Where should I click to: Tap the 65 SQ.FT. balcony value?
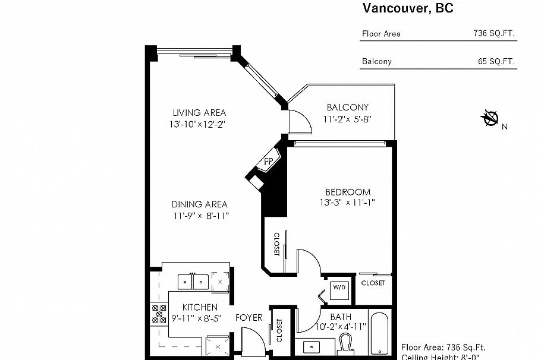(496, 61)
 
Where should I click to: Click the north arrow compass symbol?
(491, 119)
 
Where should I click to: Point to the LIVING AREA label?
(199, 113)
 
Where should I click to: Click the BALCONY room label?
(348, 107)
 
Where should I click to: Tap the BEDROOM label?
(348, 192)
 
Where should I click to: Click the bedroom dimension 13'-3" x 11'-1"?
(348, 203)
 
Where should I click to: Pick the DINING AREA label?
(199, 204)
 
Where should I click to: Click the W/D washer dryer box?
(339, 288)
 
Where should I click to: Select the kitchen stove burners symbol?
(159, 313)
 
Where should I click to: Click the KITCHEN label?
(199, 307)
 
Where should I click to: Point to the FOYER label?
(249, 318)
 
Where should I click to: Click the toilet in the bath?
(347, 344)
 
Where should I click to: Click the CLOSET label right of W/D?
(373, 283)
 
